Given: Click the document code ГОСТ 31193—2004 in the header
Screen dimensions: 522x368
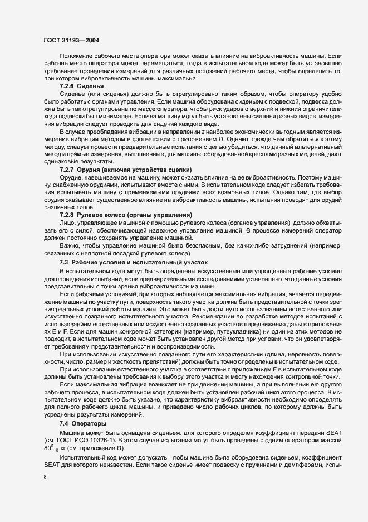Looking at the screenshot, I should [x=72, y=40].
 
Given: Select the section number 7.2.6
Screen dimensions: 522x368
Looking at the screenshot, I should [x=68, y=86].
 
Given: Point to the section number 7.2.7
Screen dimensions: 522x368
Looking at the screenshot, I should [x=68, y=184].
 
